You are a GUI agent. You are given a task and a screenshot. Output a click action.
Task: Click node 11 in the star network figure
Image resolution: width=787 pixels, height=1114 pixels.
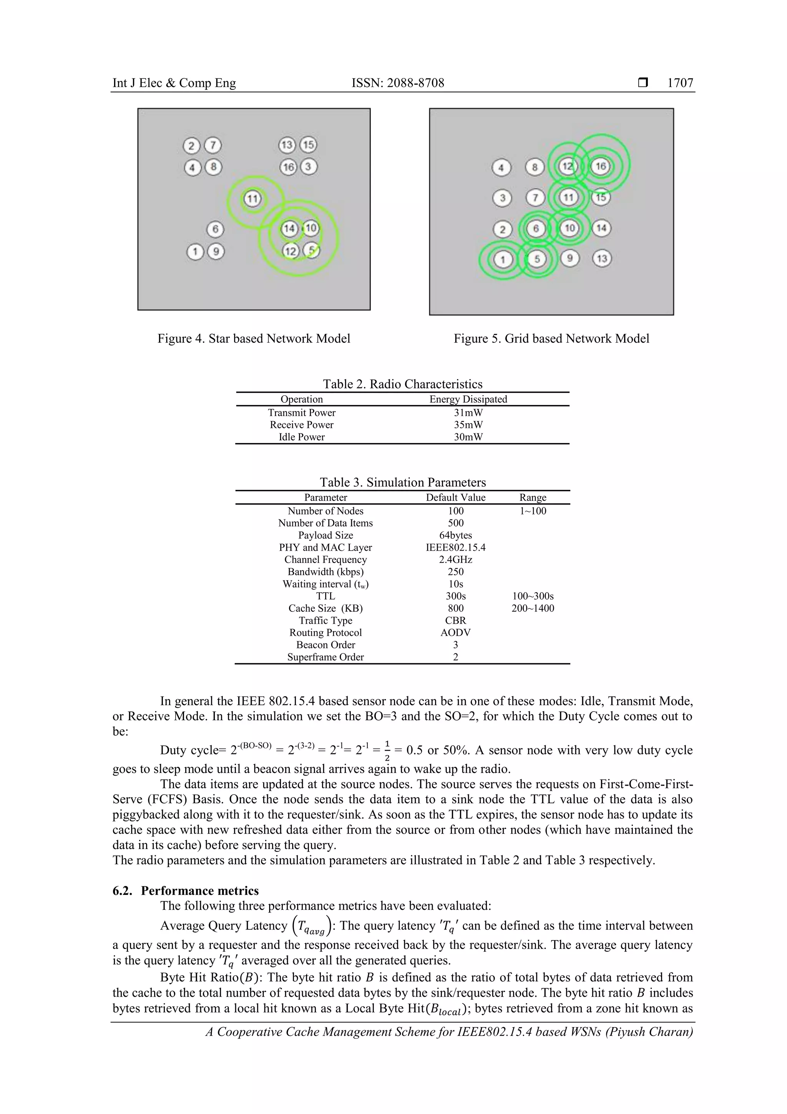click(x=252, y=198)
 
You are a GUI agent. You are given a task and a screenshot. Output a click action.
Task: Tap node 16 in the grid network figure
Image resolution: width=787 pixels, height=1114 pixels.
click(x=600, y=167)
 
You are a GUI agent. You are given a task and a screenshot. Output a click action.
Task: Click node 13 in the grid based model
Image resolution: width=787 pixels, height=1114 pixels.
click(x=602, y=258)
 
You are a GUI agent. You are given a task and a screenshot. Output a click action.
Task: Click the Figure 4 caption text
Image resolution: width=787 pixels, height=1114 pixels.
click(x=254, y=338)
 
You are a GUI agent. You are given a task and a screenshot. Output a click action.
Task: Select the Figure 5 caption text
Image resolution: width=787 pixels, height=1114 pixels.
click(x=551, y=338)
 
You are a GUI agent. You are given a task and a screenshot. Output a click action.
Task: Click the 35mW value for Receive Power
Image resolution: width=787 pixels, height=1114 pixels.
click(x=468, y=425)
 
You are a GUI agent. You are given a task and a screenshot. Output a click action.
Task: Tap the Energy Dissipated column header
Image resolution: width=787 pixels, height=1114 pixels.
click(x=468, y=399)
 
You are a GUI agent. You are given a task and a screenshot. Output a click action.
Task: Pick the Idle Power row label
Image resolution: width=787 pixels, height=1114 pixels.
click(x=301, y=437)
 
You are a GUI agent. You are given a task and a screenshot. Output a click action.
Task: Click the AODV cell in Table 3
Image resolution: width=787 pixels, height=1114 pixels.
click(x=455, y=632)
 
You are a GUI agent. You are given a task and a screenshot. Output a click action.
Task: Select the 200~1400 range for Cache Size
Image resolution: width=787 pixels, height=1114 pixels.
click(x=533, y=608)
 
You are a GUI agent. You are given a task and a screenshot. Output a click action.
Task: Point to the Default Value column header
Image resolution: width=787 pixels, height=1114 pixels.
click(x=455, y=497)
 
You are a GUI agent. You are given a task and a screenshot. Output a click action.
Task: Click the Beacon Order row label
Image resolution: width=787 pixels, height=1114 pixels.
click(x=325, y=644)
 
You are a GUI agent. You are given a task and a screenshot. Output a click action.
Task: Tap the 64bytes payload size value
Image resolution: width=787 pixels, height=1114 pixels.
click(x=455, y=535)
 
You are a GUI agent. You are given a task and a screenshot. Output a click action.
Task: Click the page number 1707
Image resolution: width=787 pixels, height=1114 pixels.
click(x=680, y=83)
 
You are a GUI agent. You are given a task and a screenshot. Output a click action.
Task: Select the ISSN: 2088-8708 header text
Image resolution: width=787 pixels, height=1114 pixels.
click(x=398, y=83)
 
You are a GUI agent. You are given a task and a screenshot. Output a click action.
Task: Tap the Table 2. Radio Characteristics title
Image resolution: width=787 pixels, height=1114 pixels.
click(x=402, y=384)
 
